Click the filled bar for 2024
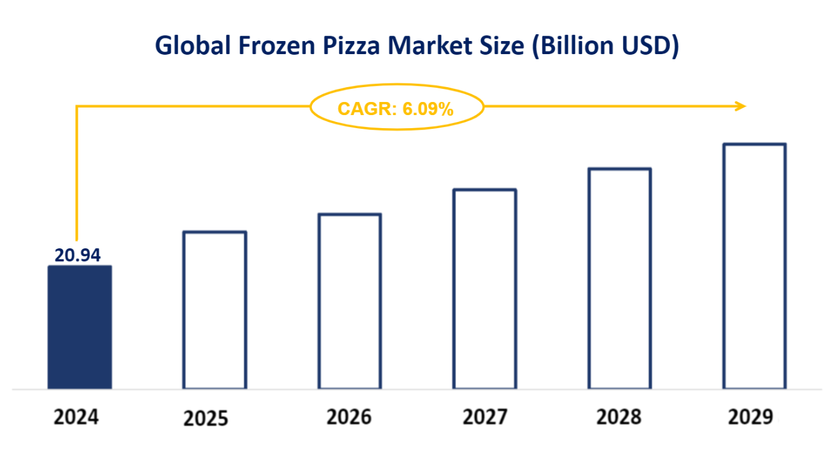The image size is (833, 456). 80,327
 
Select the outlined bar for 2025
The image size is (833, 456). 215,310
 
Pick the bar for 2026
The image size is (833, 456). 350,301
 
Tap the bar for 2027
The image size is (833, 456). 484,289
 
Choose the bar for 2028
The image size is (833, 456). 620,278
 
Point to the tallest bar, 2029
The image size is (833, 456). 755,266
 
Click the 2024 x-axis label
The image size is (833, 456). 76,417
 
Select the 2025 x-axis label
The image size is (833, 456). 206,419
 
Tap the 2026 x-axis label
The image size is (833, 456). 349,417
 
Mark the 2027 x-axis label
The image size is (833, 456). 485,417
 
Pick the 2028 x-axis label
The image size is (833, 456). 619,417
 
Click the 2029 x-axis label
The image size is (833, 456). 750,417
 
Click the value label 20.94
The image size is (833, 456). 78,255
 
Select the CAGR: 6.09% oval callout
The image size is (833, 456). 396,108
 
